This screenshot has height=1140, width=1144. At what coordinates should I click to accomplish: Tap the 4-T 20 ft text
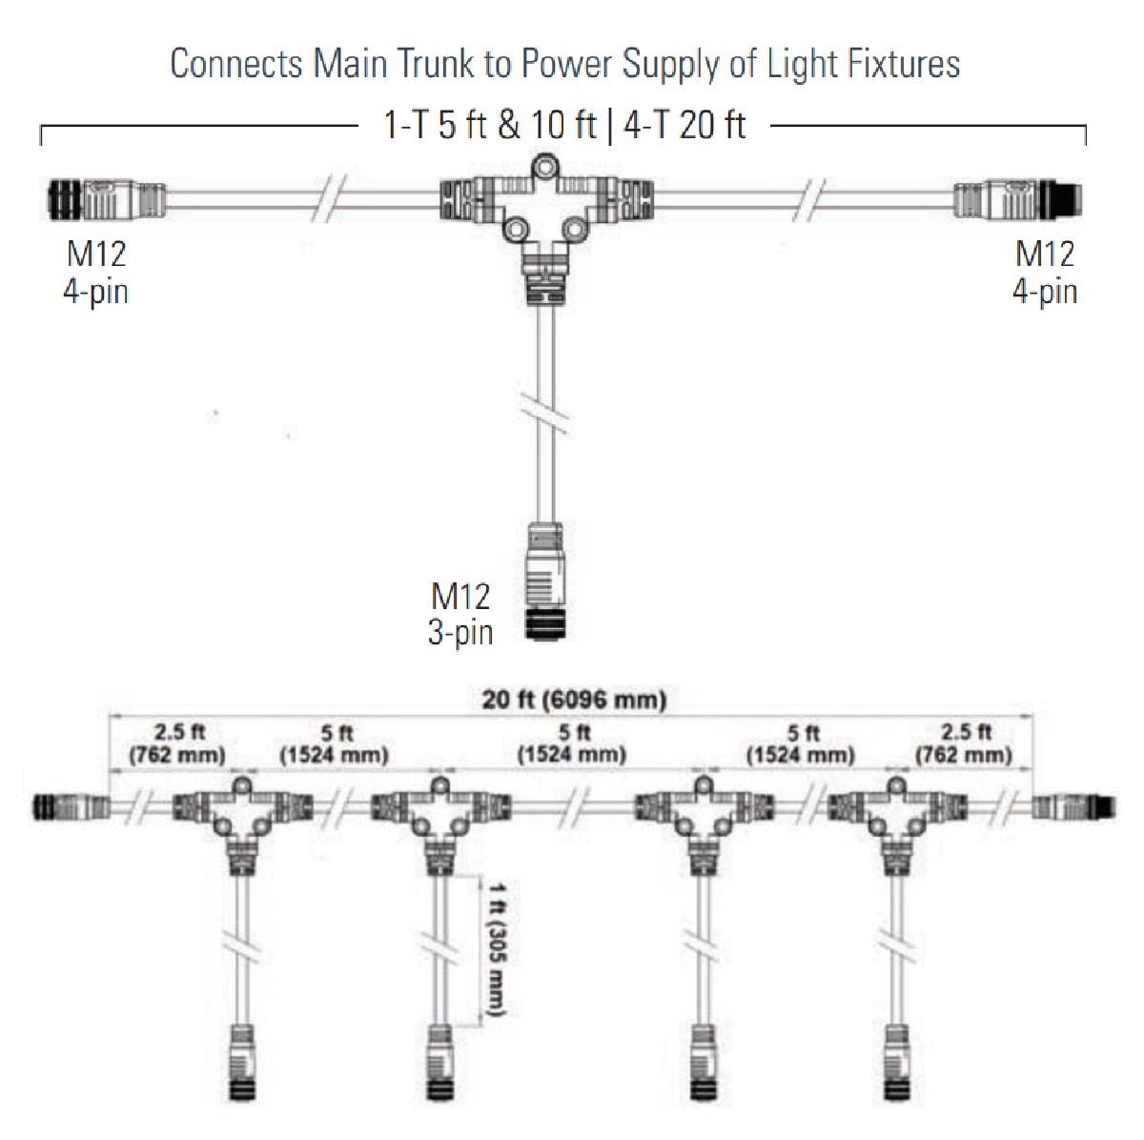coord(684,125)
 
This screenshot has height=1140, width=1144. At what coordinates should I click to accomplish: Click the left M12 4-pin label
coord(95,273)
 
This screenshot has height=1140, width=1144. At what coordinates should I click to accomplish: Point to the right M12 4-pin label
coord(1045,273)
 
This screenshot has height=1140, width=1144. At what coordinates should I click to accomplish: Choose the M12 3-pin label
coord(460,614)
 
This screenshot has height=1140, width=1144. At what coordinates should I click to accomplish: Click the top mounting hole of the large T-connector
coord(544,167)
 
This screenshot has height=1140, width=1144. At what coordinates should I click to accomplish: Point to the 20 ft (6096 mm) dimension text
coord(574,700)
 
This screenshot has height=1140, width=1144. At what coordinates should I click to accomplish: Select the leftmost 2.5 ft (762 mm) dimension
coord(177,743)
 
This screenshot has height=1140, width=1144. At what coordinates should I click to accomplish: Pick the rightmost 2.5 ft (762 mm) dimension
coord(964,743)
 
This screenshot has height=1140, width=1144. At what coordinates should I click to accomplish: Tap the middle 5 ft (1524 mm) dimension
coord(572,743)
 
